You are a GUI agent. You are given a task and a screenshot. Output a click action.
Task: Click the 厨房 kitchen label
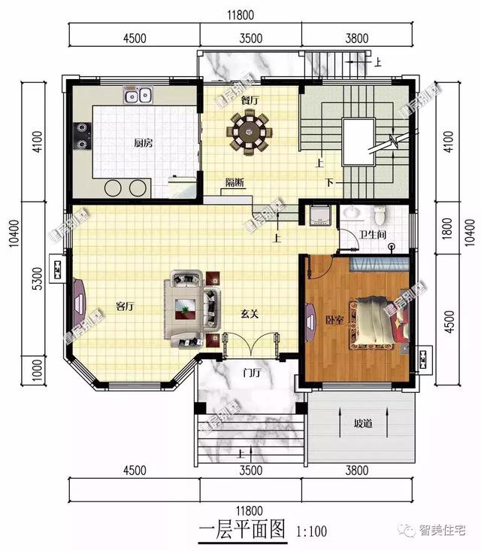[144, 143]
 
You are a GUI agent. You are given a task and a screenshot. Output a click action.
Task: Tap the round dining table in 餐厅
[249, 132]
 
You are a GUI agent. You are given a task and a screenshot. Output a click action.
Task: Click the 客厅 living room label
[126, 306]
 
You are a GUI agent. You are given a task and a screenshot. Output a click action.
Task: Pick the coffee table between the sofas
[185, 306]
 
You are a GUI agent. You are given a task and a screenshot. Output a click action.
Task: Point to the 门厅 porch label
[251, 372]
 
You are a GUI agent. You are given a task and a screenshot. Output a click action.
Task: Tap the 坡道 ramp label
[363, 423]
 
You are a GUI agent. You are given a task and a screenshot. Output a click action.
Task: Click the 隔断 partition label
[234, 181]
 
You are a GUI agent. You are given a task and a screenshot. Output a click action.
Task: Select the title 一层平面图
[243, 529]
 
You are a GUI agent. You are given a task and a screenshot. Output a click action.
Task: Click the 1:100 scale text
[312, 531]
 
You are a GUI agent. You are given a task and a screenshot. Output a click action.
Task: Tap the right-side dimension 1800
[447, 228]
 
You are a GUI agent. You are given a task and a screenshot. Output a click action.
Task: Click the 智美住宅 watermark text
[444, 530]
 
